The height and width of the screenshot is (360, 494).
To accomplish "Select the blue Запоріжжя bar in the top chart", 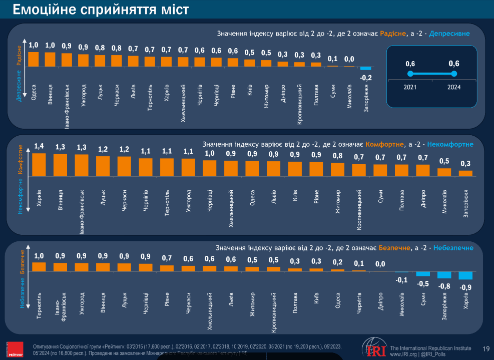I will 366,68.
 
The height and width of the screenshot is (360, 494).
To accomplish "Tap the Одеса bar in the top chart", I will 34,59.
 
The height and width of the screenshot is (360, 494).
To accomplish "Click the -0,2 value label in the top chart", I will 366,78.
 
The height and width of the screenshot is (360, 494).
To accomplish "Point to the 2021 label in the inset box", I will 410,87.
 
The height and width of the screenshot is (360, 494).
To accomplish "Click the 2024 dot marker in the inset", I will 454,74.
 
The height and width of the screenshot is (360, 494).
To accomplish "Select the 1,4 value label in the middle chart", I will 39,147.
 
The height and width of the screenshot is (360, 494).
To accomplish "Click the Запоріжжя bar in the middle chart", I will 465,173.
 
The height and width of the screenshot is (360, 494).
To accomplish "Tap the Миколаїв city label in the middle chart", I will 444,201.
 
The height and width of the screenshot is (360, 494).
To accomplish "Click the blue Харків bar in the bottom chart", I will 465,275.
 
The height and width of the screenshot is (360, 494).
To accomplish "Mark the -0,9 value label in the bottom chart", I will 465,287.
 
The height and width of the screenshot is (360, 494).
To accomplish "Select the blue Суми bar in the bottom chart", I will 423,274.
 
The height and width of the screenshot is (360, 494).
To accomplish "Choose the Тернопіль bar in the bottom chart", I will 39,267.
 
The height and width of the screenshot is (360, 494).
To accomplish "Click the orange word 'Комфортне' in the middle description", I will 385,144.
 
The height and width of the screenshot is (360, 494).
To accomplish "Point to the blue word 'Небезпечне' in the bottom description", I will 453,248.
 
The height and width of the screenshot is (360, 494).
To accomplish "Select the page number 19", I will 486,348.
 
